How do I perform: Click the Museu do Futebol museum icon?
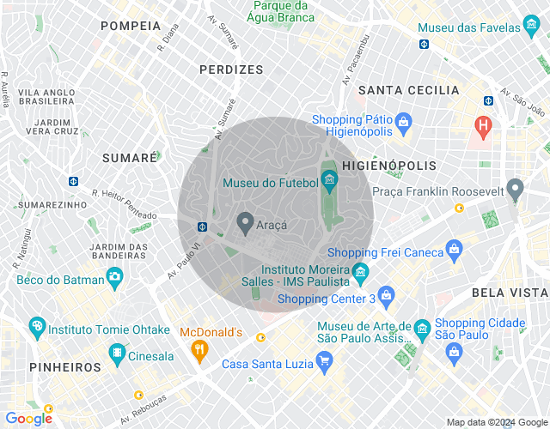coord(328,179)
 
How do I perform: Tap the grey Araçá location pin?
coord(245,224)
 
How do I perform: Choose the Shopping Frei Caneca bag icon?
coord(455,251)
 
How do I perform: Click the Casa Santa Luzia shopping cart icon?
coord(324,362)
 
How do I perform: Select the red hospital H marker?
coord(484,126)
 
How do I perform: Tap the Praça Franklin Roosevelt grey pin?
coord(515,188)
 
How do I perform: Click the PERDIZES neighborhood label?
coord(230,69)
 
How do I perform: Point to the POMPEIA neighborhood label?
coord(131,26)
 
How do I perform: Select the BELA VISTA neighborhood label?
coord(510,293)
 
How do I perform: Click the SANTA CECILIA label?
coord(408,90)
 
